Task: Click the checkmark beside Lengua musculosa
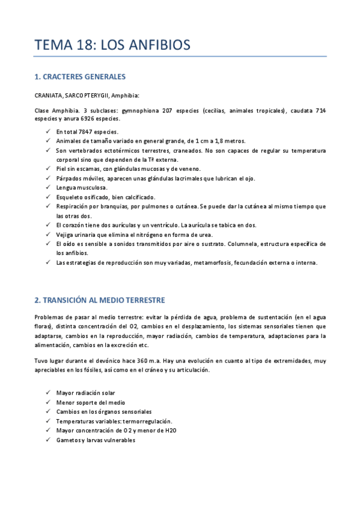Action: [x=48, y=188]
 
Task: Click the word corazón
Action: [x=78, y=225]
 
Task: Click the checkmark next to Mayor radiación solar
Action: [x=48, y=393]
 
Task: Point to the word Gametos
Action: [x=68, y=440]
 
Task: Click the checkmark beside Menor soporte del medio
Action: [x=48, y=402]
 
